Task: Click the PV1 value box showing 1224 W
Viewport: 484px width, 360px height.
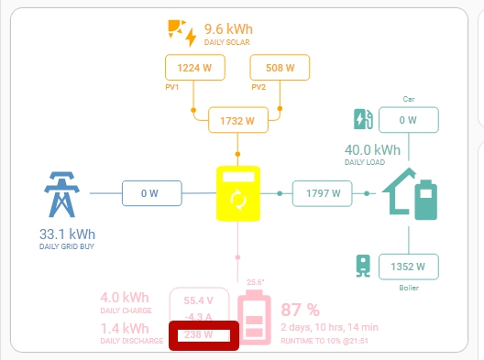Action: (x=193, y=68)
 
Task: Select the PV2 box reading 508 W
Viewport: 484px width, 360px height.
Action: (x=280, y=68)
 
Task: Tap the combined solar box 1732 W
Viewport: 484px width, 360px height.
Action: (x=237, y=120)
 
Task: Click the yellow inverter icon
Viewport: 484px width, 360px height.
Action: (x=238, y=193)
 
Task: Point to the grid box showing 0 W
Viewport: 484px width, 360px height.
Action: (x=150, y=193)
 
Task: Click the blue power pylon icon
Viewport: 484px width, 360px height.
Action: (x=62, y=193)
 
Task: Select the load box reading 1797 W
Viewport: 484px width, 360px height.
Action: (x=323, y=193)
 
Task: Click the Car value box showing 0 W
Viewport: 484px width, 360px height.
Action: (x=408, y=120)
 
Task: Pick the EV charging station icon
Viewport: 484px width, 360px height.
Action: (x=363, y=120)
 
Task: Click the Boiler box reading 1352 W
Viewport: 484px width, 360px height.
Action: (x=408, y=267)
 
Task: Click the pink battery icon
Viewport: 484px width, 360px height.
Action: (x=254, y=316)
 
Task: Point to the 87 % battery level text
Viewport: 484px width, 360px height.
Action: (x=299, y=309)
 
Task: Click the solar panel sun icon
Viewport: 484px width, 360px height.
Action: (x=181, y=31)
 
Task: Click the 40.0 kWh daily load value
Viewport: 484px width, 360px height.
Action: (x=372, y=149)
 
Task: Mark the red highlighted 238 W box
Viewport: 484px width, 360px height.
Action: (x=203, y=335)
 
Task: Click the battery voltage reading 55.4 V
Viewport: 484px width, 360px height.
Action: (x=199, y=300)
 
